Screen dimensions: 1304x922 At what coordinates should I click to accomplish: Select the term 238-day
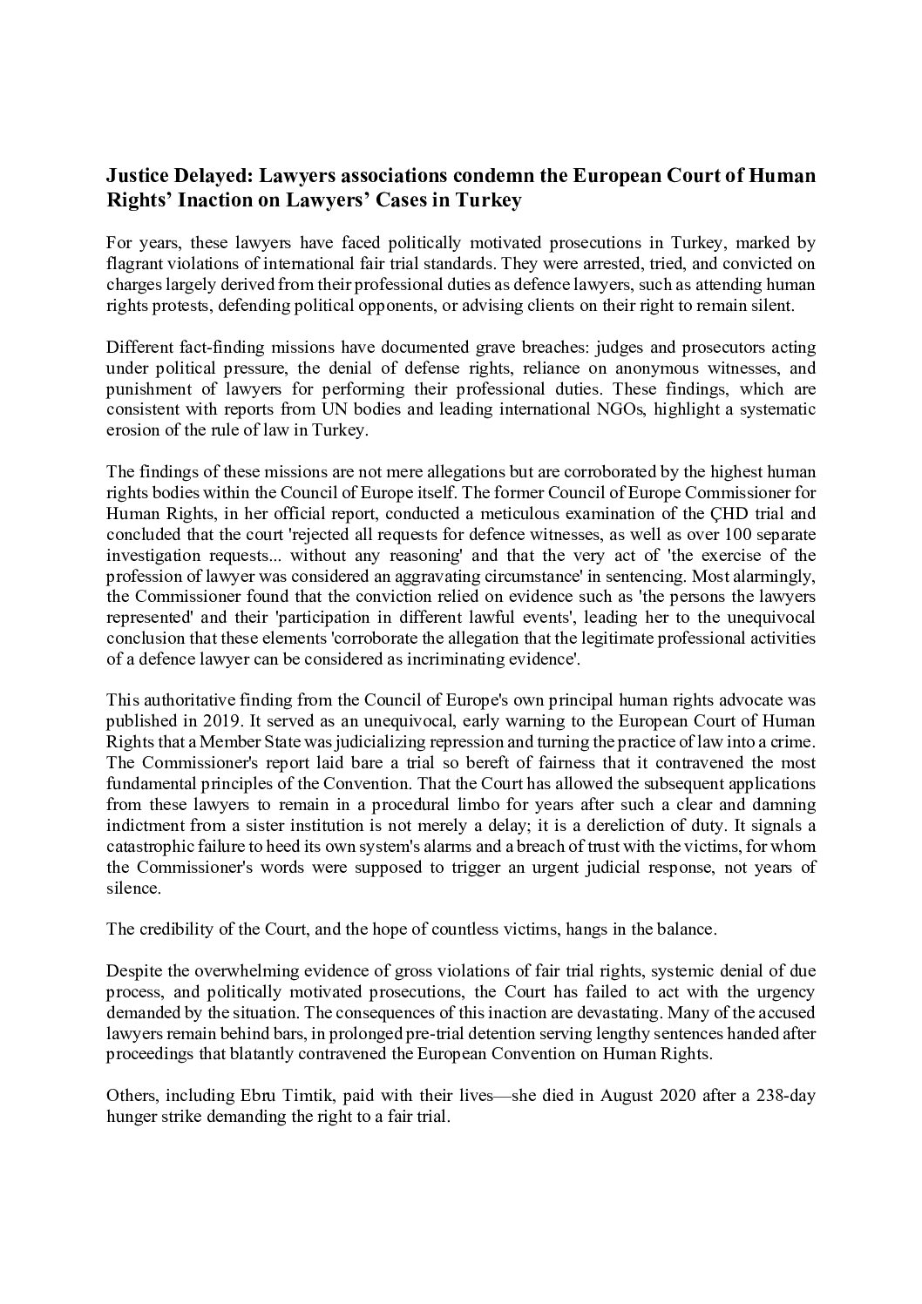785,1096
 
